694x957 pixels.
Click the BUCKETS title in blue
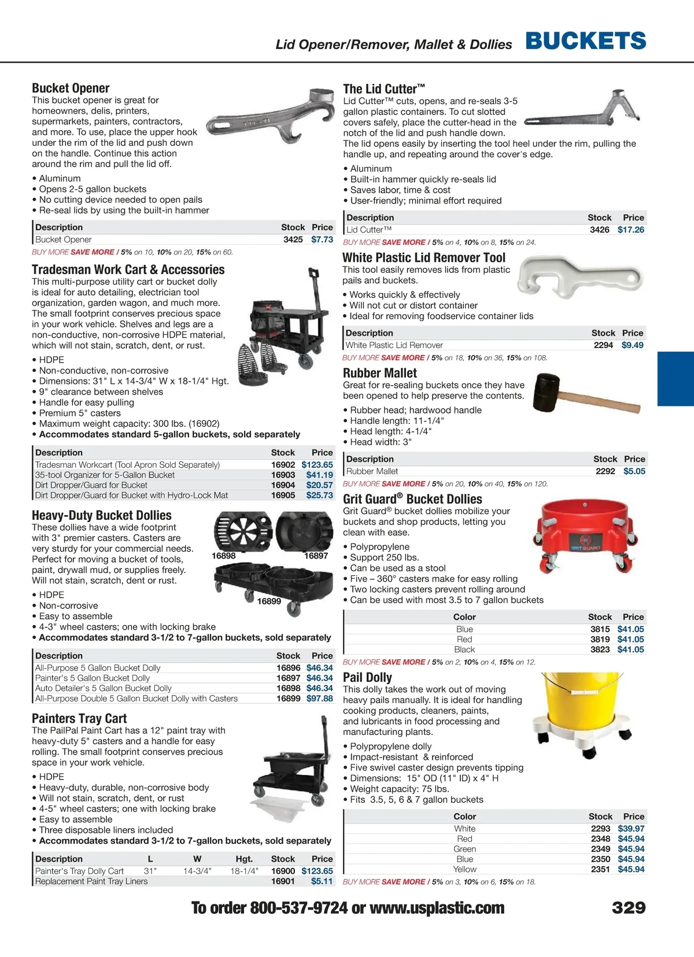[x=585, y=40]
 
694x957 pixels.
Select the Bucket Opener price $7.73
[x=322, y=239]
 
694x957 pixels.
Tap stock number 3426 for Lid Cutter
[x=599, y=230]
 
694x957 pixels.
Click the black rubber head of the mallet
[x=547, y=386]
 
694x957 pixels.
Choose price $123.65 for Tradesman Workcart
[x=317, y=465]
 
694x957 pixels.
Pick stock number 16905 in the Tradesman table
[x=283, y=496]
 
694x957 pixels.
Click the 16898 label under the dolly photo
[x=224, y=556]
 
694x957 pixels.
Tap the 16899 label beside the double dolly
[x=269, y=601]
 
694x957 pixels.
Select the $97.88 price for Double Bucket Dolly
[x=319, y=699]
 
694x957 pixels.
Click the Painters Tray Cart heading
[x=79, y=719]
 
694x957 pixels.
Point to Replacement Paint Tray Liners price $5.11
[x=322, y=881]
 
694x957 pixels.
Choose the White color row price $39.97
[x=631, y=829]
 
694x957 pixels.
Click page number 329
[x=629, y=907]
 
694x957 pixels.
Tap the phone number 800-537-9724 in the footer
[x=298, y=908]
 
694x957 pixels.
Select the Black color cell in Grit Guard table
[x=464, y=650]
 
